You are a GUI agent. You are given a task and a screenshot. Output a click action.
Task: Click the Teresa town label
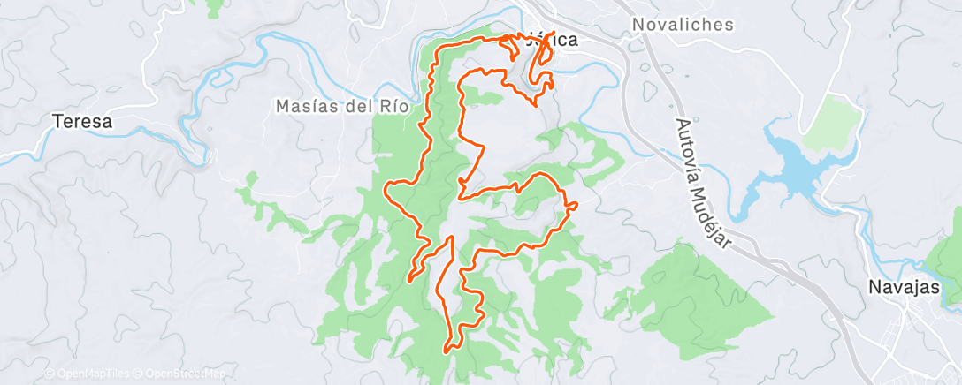82,122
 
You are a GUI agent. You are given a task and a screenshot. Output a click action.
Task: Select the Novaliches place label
683,25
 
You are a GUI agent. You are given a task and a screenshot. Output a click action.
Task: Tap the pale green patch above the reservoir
834,121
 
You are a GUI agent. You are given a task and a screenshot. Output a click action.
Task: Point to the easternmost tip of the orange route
576,205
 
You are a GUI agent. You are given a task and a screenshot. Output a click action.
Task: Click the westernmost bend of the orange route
386,188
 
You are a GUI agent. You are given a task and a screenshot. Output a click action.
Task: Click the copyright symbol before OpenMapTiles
50,374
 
